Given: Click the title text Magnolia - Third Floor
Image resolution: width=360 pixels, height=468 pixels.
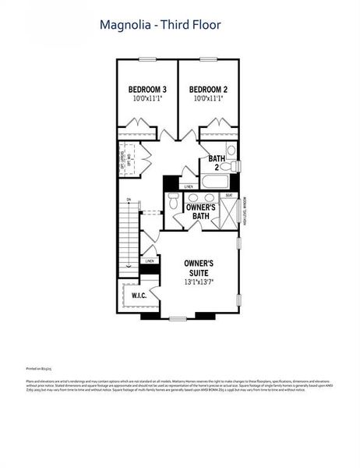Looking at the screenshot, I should (x=160, y=25).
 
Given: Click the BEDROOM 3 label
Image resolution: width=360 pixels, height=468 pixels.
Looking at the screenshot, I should (x=148, y=90).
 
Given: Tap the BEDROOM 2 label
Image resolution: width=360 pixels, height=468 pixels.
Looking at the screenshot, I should (x=209, y=90).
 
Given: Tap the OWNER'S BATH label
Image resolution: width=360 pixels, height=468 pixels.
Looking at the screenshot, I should (x=200, y=211).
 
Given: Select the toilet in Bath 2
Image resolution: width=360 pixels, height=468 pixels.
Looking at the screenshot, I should (x=231, y=151).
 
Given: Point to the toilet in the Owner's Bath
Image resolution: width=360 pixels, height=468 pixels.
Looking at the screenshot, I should (x=173, y=203).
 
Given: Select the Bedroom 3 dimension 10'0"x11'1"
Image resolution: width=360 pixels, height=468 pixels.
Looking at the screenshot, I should (x=148, y=99).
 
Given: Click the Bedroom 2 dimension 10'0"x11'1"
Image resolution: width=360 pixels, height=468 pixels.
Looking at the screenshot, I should (x=209, y=99).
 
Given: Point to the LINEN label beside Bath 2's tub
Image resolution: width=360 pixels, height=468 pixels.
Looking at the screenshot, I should (x=189, y=187).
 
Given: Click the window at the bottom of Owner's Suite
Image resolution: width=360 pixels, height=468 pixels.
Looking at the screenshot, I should (x=178, y=317).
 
